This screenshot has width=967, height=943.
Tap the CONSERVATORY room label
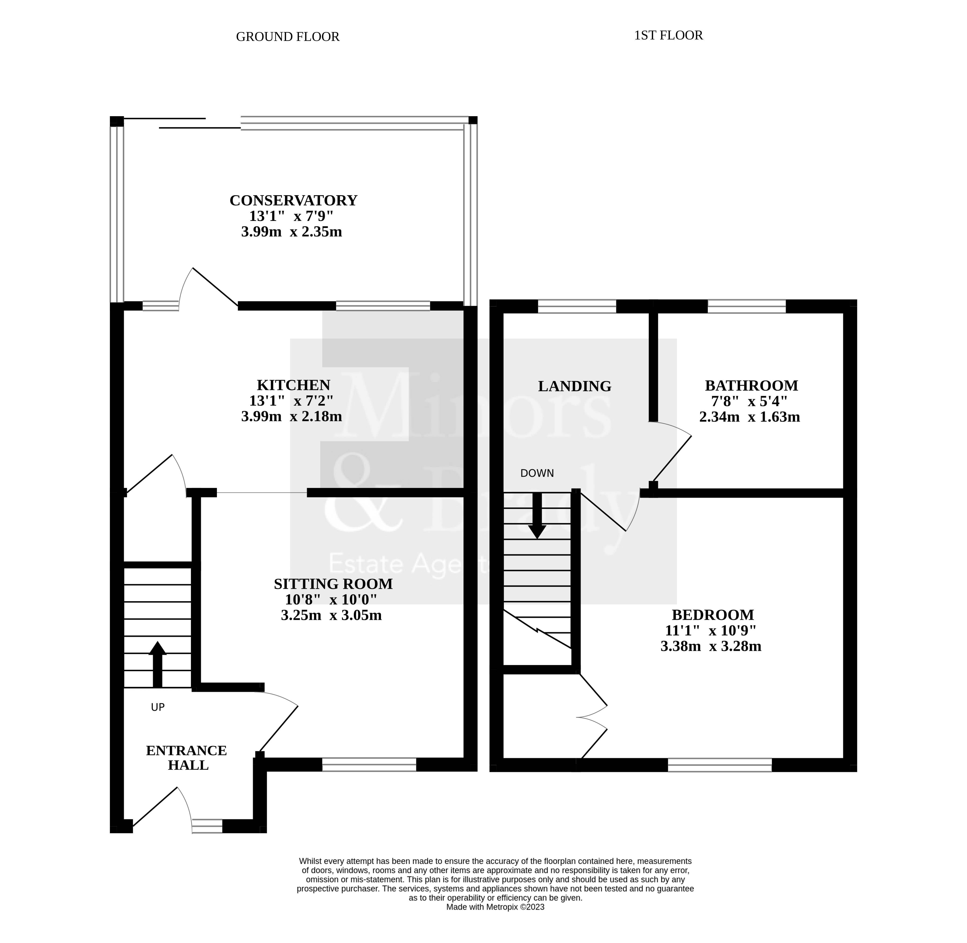pos(293,201)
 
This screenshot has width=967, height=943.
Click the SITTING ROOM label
pos(333,584)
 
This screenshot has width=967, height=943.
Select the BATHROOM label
pos(751,385)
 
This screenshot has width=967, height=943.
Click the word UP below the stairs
pos(158,707)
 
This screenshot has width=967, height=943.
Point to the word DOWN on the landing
pos(537,473)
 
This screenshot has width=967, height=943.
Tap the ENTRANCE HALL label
pos(187,758)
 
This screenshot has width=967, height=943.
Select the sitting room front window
pos(369,764)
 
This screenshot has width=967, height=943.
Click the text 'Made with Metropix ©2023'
pos(495,907)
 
